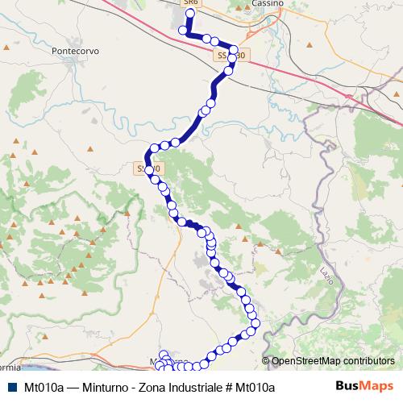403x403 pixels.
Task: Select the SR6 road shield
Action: point(190,3)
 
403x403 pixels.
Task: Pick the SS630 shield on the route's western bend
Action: point(149,169)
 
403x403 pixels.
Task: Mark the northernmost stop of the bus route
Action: point(190,13)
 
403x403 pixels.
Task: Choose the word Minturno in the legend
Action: point(106,388)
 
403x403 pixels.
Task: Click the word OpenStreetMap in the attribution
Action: point(309,362)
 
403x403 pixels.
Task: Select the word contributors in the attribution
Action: point(370,362)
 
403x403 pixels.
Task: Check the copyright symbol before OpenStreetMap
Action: point(267,362)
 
